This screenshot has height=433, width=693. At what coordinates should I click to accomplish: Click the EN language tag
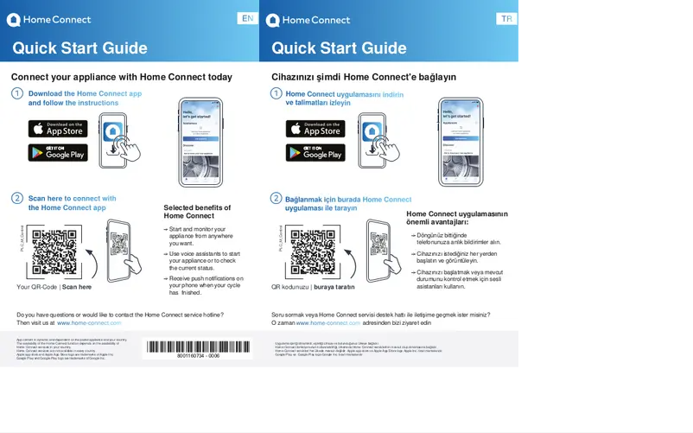pos(247,19)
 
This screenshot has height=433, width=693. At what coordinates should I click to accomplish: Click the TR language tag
pos(506,19)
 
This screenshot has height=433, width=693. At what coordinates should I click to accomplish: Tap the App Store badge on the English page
pos(58,129)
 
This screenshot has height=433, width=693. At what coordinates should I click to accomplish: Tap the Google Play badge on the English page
pos(58,152)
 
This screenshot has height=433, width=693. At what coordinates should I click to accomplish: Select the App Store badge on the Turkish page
pos(315,129)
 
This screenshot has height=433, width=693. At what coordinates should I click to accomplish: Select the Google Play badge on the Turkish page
pos(315,152)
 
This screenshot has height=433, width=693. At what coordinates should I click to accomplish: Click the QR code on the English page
pos(54,252)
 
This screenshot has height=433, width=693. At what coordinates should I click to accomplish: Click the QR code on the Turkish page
pos(313,252)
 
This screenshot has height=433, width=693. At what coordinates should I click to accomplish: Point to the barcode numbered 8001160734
pos(198,348)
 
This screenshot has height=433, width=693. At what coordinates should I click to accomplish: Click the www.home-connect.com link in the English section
pos(89,322)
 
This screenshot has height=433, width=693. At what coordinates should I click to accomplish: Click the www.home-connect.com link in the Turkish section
pos(327,322)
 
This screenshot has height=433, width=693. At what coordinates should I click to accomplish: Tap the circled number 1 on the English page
pos(16,93)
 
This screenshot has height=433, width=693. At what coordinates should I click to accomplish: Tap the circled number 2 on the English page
pos(16,199)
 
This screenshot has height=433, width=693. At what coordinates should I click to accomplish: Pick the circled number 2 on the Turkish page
pos(276,199)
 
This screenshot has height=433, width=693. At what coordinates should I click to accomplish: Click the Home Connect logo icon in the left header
pos(13,20)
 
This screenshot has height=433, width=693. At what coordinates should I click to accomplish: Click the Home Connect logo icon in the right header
pos(272,20)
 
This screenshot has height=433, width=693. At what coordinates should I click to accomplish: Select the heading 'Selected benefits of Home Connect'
pos(197,212)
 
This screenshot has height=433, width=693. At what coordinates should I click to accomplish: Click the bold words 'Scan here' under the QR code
pos(77,286)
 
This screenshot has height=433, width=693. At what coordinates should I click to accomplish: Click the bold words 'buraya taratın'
pos(334,286)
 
